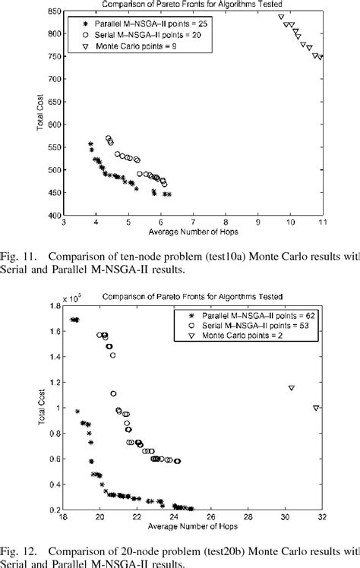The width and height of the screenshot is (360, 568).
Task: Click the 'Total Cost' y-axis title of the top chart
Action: click(39, 114)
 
